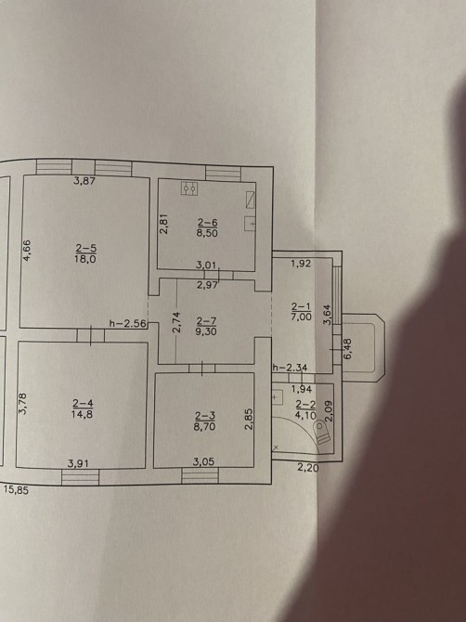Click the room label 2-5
(86, 249)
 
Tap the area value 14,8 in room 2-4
(82, 415)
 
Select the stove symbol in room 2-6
(190, 188)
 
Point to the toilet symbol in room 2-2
(321, 433)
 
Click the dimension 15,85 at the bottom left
(17, 490)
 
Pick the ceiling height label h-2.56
(128, 324)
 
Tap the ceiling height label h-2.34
(290, 368)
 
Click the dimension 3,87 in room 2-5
(84, 181)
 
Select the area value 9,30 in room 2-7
(207, 330)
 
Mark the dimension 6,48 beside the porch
(348, 349)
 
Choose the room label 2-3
(205, 416)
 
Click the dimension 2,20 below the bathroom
(308, 468)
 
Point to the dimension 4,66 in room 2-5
(27, 251)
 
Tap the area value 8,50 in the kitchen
(207, 233)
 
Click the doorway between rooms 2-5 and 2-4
(91, 335)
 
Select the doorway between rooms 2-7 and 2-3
(202, 369)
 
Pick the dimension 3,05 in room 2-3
(203, 461)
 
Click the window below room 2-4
(80, 477)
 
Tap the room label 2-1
(302, 306)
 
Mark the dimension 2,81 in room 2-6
(164, 224)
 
